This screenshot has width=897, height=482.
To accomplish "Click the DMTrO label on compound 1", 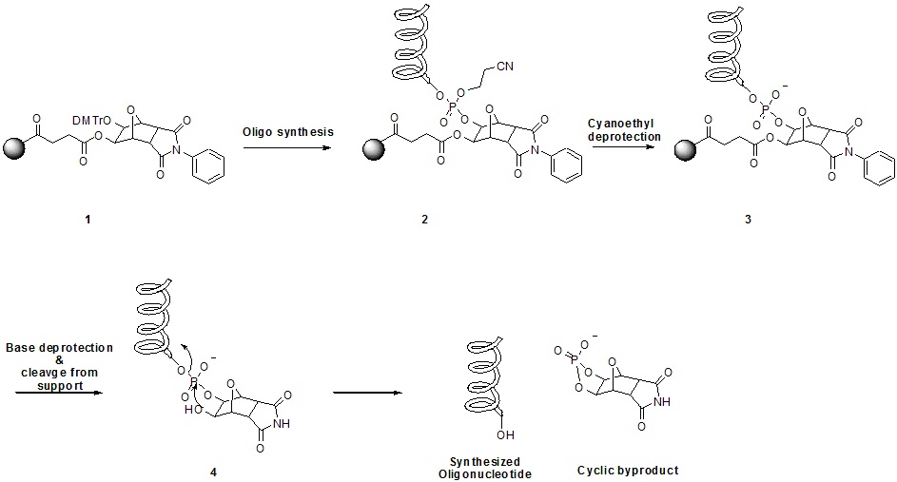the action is pyautogui.click(x=91, y=121).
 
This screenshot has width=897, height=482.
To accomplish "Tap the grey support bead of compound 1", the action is pyautogui.click(x=14, y=148).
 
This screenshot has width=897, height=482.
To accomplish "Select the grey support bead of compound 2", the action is pyautogui.click(x=374, y=150).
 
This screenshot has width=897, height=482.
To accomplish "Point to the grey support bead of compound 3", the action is pyautogui.click(x=685, y=151).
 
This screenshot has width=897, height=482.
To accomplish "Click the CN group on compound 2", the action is pyautogui.click(x=504, y=67).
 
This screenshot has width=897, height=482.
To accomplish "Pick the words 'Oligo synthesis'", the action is pyautogui.click(x=288, y=132).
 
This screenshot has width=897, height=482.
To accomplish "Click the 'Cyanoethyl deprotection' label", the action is pyautogui.click(x=624, y=130).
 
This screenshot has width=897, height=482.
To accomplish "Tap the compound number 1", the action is pyautogui.click(x=88, y=219).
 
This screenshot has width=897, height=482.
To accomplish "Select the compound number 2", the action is pyautogui.click(x=424, y=219).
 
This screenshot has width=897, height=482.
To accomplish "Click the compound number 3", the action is pyautogui.click(x=748, y=219).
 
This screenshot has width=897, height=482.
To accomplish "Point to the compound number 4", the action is pyautogui.click(x=213, y=472).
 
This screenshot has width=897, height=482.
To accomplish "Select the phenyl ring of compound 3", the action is pyautogui.click(x=879, y=167).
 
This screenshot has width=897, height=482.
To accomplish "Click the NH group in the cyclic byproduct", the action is pyautogui.click(x=662, y=402).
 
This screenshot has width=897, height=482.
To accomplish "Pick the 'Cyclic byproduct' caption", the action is pyautogui.click(x=628, y=471).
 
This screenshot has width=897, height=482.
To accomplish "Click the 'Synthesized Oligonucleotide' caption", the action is pyautogui.click(x=484, y=468).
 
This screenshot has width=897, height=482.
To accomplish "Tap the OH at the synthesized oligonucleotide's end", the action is pyautogui.click(x=506, y=435).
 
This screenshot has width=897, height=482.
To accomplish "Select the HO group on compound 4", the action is pyautogui.click(x=193, y=410).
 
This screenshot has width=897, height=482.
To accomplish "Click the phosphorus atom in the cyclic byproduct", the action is pyautogui.click(x=573, y=359).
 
